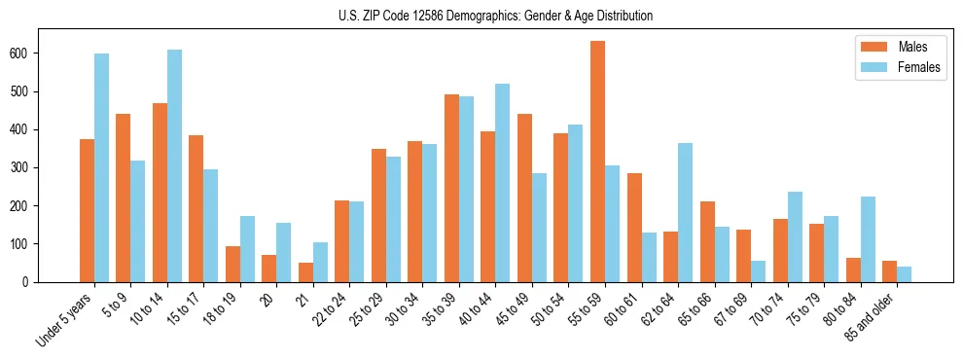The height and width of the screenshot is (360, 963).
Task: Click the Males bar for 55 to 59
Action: [x=598, y=162]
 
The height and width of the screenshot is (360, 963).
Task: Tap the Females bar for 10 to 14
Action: [x=174, y=165]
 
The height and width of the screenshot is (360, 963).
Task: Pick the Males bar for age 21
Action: [x=305, y=272]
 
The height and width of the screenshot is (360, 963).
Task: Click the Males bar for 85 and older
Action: [x=889, y=271]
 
